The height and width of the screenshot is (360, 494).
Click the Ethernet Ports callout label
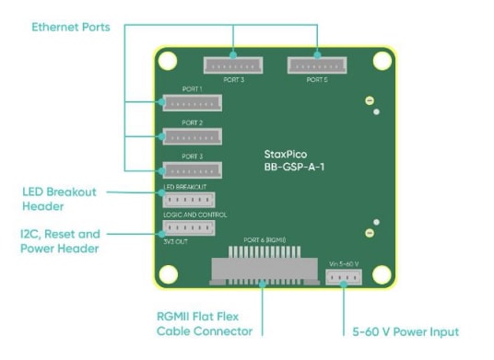[71, 28]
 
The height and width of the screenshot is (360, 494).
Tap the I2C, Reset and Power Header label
[61, 241]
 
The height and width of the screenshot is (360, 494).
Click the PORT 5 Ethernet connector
[317, 65]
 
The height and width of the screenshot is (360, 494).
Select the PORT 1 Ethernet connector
[192, 102]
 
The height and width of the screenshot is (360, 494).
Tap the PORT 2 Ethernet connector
[192, 136]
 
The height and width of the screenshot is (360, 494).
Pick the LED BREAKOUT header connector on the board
[188, 200]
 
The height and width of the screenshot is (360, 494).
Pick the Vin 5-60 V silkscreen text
[344, 261]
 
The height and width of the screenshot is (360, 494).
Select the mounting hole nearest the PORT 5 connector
[378, 62]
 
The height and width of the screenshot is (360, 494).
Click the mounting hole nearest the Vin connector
[378, 273]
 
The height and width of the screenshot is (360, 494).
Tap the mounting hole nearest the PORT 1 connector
[167, 62]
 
